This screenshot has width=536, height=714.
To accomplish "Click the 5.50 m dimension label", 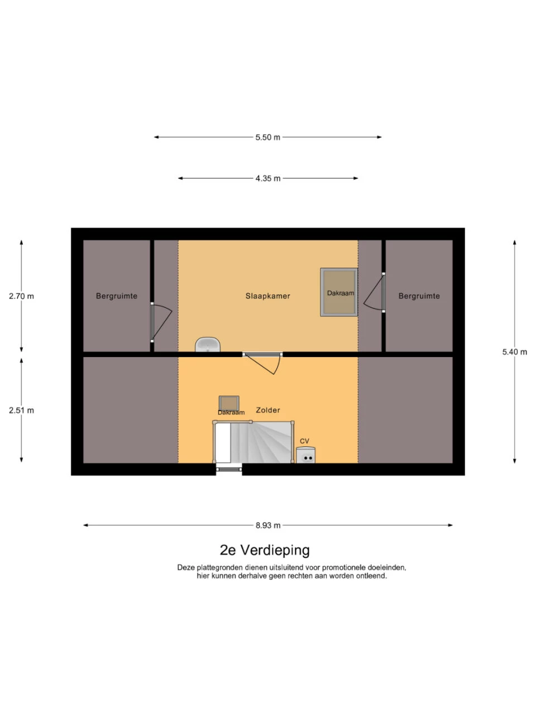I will pyautogui.click(x=268, y=137).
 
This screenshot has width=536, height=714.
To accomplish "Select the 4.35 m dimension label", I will pyautogui.click(x=268, y=178).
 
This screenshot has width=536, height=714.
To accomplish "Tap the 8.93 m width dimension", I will pyautogui.click(x=268, y=525).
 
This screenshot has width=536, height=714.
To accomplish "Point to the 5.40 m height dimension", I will pyautogui.click(x=514, y=352).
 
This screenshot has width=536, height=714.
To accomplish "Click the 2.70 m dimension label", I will pyautogui.click(x=21, y=296).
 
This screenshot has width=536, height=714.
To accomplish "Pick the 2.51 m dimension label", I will pyautogui.click(x=21, y=411).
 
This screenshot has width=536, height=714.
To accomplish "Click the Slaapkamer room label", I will pyautogui.click(x=268, y=296).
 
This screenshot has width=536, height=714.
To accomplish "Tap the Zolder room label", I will pyautogui.click(x=268, y=410).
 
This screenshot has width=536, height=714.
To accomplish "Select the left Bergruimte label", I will pyautogui.click(x=117, y=296).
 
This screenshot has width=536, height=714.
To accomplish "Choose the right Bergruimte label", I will pyautogui.click(x=419, y=296).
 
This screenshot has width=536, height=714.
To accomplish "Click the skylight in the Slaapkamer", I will pyautogui.click(x=339, y=292).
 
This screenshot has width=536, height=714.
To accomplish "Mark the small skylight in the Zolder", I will pyautogui.click(x=229, y=403).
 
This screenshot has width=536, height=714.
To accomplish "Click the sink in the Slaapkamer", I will pyautogui.click(x=208, y=345).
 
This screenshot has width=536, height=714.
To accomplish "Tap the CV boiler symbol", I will pyautogui.click(x=306, y=455).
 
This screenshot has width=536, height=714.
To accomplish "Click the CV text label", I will pyautogui.click(x=304, y=441).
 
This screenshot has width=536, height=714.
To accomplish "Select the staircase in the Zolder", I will pyautogui.click(x=257, y=442).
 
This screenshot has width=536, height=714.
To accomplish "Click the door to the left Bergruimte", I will pyautogui.click(x=160, y=322).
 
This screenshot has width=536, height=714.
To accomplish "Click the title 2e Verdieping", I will pyautogui.click(x=265, y=550).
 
